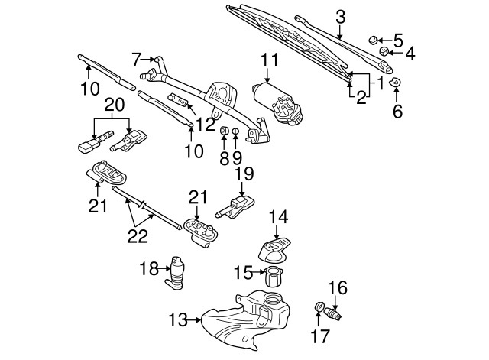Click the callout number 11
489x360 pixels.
[x=268, y=59]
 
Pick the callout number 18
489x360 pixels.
[x=150, y=268]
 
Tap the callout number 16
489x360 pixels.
[x=338, y=288]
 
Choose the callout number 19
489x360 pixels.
[x=243, y=174]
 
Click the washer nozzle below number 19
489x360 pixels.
[x=235, y=206]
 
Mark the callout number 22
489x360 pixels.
[x=138, y=237]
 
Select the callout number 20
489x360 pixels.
[x=113, y=104]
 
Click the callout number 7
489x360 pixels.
[x=137, y=58]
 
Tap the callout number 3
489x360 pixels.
[x=341, y=16]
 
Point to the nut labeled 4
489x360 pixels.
[x=386, y=53]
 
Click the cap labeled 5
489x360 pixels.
[x=374, y=38]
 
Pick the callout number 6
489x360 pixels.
[x=397, y=111]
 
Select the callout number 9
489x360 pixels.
[x=235, y=158]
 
